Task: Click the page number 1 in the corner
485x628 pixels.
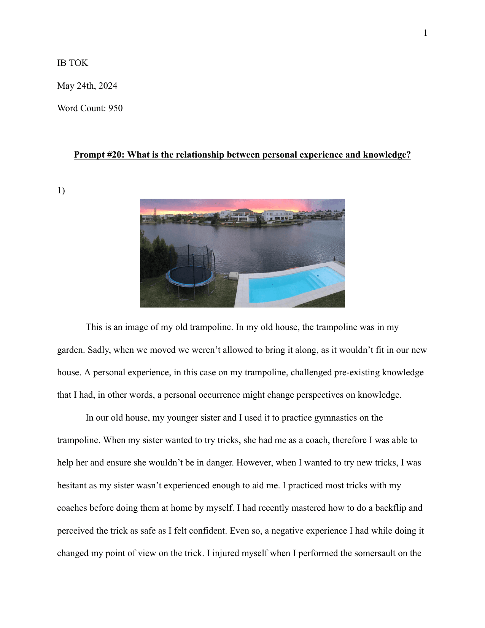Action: pyautogui.click(x=425, y=33)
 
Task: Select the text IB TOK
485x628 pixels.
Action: pyautogui.click(x=72, y=63)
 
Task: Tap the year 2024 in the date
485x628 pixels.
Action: pyautogui.click(x=108, y=86)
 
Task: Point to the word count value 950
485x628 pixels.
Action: pyautogui.click(x=115, y=108)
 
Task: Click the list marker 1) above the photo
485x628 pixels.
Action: pyautogui.click(x=61, y=190)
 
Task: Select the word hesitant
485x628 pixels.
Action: pyautogui.click(x=72, y=485)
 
